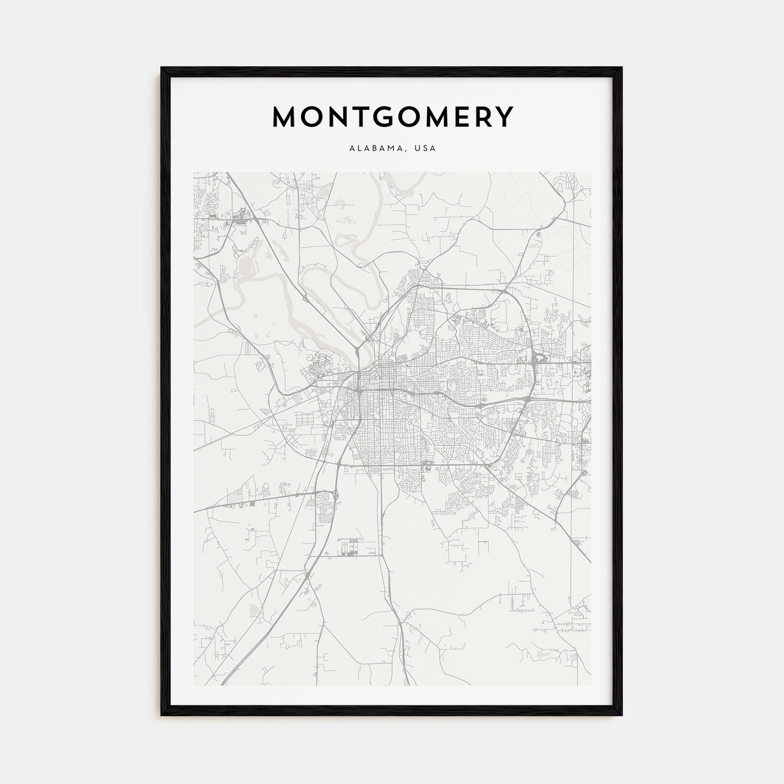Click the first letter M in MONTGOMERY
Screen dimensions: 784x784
click(284, 116)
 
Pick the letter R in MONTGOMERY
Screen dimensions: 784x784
click(481, 116)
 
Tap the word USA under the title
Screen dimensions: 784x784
click(426, 149)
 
